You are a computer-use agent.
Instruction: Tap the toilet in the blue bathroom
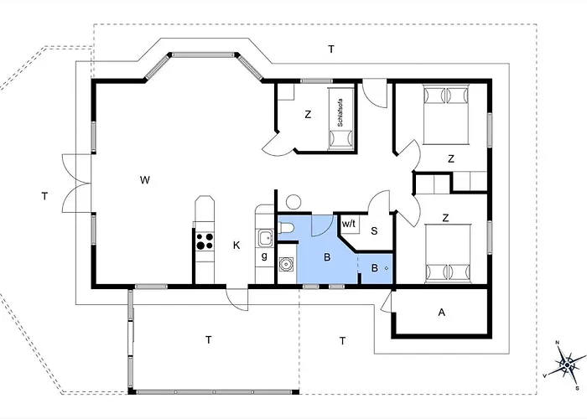(x=286, y=228)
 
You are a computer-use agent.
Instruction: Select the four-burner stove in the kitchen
(x=205, y=241)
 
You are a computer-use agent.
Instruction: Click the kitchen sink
(x=266, y=238)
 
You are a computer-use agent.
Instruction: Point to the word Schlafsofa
(x=340, y=112)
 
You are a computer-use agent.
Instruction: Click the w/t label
(x=349, y=224)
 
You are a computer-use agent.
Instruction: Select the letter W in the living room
(x=145, y=180)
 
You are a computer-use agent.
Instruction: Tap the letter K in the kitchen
(x=236, y=246)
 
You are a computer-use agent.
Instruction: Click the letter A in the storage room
(x=442, y=312)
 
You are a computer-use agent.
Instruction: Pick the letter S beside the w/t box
(x=374, y=230)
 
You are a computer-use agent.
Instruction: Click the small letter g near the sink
(x=264, y=256)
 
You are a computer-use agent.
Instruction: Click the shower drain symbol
(x=387, y=268)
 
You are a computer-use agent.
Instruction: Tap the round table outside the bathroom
(x=293, y=203)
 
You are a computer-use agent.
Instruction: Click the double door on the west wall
(x=76, y=183)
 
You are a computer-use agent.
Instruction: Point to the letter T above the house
(x=331, y=49)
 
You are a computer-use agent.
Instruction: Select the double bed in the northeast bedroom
(x=446, y=115)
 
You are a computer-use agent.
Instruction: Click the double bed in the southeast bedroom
(x=448, y=253)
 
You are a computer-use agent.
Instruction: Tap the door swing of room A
(x=386, y=301)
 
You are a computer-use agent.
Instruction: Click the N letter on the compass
(x=557, y=342)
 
